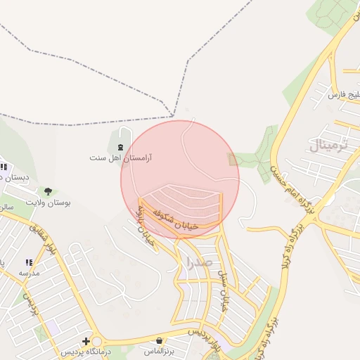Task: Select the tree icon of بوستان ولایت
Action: pos(48,191)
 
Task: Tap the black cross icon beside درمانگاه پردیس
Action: pos(86,341)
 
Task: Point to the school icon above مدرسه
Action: pos(29,262)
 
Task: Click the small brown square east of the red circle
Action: pos(233,160)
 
